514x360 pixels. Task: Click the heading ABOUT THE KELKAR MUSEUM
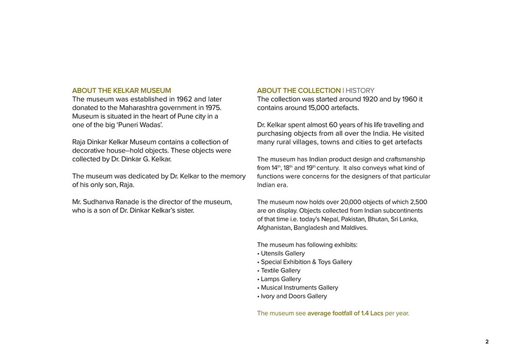(121, 91)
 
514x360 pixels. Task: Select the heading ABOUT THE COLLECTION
(299, 91)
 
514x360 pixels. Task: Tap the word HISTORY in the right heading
(360, 91)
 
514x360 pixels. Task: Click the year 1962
(184, 99)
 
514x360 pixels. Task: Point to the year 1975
(211, 107)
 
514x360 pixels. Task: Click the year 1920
(371, 99)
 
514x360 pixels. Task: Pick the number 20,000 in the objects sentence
(343, 202)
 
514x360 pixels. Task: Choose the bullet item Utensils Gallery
(283, 254)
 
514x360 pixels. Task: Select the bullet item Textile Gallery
(281, 271)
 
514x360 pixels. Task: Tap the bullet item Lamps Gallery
(281, 279)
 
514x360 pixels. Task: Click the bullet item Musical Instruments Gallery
(299, 287)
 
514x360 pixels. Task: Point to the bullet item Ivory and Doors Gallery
(293, 296)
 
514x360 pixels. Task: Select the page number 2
(487, 342)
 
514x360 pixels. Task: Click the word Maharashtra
(132, 107)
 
